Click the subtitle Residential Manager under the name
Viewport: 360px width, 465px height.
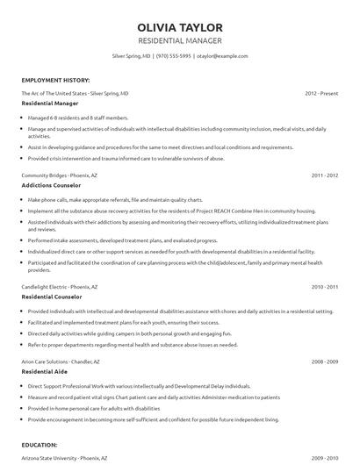pos(180,41)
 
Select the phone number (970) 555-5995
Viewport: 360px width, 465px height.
pos(174,55)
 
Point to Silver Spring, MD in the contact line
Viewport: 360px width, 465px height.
pos(132,55)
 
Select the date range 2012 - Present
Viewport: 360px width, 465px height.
pos(320,92)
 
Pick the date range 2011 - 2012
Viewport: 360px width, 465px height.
pos(324,175)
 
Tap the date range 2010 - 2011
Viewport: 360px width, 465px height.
pos(324,287)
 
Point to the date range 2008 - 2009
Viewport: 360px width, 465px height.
pos(324,361)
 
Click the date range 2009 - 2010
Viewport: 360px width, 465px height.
pos(324,458)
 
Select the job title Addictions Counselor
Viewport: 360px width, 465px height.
pos(50,187)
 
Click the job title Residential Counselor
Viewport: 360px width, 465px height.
pos(51,298)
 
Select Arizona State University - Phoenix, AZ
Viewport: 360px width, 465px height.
pos(64,458)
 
